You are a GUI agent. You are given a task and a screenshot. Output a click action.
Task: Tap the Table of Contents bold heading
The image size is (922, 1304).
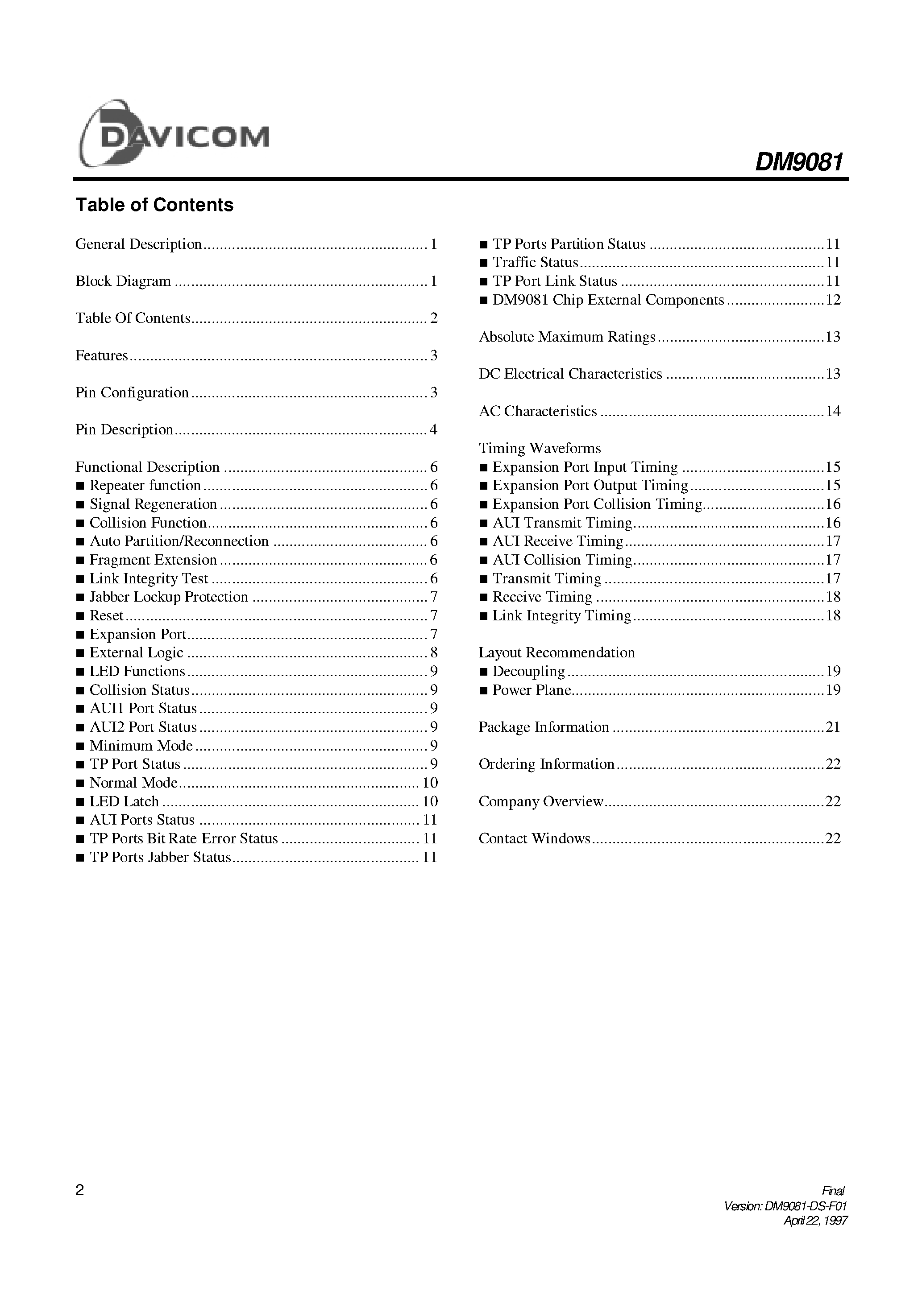click(154, 205)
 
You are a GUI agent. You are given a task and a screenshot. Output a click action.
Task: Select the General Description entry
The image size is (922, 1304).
click(139, 244)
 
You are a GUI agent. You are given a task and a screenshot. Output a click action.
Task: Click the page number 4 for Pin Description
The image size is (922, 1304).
click(434, 430)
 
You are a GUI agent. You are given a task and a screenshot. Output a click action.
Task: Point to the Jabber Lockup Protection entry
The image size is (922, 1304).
click(169, 597)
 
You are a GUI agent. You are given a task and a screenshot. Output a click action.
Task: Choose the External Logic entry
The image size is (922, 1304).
click(137, 653)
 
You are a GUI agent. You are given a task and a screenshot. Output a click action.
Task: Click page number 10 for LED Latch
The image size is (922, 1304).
click(430, 802)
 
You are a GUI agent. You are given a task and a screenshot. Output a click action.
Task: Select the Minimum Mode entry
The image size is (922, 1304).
click(141, 746)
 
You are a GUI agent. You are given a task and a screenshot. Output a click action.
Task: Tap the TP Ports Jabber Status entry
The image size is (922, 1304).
click(160, 858)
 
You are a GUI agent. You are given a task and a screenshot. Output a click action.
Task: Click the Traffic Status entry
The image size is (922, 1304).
click(535, 263)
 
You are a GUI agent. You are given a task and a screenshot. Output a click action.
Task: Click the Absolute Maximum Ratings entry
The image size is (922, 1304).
click(567, 337)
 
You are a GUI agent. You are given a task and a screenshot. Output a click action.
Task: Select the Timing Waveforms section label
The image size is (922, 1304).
click(540, 449)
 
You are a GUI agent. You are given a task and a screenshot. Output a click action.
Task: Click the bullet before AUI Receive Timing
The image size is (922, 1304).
click(483, 542)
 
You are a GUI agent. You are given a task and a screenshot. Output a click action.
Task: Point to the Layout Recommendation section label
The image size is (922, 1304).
click(557, 653)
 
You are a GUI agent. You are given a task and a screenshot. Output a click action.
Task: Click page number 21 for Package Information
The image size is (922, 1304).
click(833, 727)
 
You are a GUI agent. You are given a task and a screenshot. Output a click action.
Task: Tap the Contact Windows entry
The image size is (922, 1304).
click(534, 839)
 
